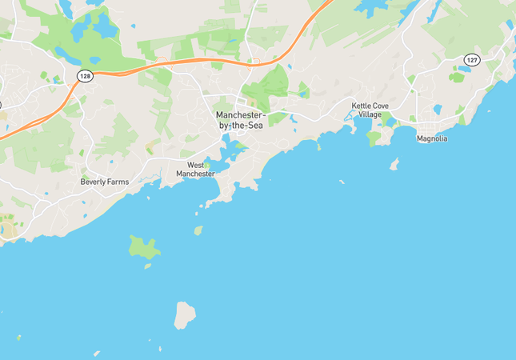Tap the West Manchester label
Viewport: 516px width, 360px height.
pos(195,169)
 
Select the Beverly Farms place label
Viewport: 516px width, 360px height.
pos(105,182)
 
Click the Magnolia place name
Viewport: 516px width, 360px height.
pos(432,138)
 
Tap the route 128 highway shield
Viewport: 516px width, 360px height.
pos(84,75)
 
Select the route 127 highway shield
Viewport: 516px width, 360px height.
pos(472,60)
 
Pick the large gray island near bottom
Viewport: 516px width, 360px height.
pos(185,314)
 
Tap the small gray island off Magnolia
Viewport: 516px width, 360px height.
pos(394,164)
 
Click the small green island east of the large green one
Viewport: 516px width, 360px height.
pos(198,230)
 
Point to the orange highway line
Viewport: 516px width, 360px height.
pos(200,61)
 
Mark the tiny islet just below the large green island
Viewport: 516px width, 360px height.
pos(147,266)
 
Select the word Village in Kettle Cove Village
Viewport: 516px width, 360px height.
pos(370,114)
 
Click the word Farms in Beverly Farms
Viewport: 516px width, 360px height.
pos(117,182)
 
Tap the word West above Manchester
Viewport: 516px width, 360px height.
pos(195,164)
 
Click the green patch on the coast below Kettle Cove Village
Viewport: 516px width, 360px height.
pos(374,138)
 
